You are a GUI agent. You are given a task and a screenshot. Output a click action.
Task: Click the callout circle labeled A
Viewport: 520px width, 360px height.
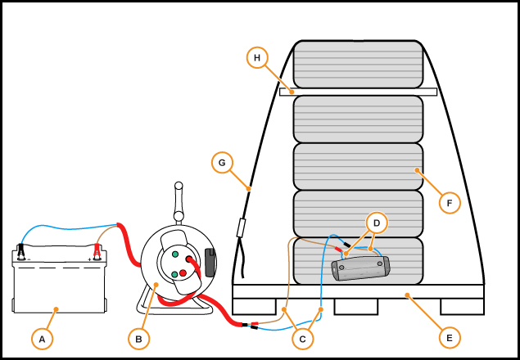[42, 339]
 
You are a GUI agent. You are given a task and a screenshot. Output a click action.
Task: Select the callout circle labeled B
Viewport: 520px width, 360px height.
[138, 339]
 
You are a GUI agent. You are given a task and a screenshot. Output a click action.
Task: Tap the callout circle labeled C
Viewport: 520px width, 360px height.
[302, 339]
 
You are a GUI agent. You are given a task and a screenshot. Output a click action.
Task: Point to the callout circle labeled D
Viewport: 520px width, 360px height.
[377, 223]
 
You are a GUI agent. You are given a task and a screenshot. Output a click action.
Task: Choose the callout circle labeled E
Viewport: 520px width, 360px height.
[450, 338]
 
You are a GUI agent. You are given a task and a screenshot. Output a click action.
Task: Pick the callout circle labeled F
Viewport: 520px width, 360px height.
[450, 203]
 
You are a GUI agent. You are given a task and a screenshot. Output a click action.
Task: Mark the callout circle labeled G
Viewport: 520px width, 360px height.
[222, 163]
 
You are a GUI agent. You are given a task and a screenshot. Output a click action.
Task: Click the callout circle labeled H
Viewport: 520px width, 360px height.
[257, 57]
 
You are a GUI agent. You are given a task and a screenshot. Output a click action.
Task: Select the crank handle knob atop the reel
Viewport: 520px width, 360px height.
[179, 186]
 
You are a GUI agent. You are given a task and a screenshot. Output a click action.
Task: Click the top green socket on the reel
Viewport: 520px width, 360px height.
[175, 254]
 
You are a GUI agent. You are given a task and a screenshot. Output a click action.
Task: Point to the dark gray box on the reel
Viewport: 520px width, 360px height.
[210, 263]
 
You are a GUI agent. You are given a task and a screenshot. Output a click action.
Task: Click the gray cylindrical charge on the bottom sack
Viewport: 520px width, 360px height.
[360, 268]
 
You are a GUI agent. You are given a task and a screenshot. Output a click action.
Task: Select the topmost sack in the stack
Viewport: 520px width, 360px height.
[358, 65]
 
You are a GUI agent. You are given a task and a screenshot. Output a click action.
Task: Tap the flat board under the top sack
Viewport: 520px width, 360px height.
[358, 92]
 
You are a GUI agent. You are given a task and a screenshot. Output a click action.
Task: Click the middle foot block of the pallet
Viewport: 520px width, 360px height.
[356, 307]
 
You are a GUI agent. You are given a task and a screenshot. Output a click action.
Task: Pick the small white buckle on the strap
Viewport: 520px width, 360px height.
[242, 227]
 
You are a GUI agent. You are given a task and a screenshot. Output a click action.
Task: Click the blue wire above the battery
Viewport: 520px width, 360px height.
[68, 229]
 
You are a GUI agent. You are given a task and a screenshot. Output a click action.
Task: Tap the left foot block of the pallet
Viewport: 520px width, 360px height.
[254, 307]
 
